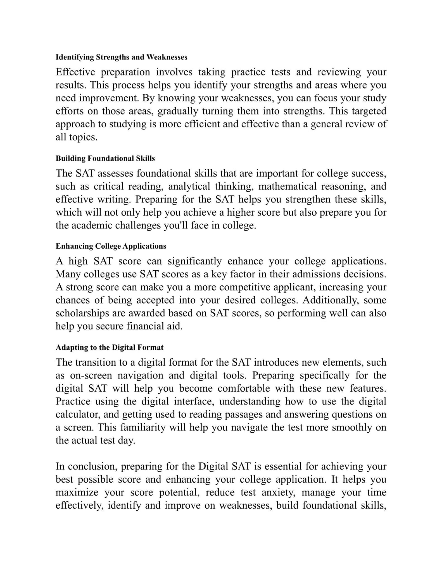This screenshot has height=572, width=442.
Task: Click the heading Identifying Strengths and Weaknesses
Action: pyautogui.click(x=121, y=57)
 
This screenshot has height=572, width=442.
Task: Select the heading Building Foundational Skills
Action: pyautogui.click(x=105, y=158)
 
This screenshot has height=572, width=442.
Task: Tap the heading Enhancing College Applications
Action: pyautogui.click(x=111, y=246)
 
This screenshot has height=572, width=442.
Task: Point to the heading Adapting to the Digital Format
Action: pyautogui.click(x=109, y=347)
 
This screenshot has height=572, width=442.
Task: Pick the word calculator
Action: pyautogui.click(x=77, y=414)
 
